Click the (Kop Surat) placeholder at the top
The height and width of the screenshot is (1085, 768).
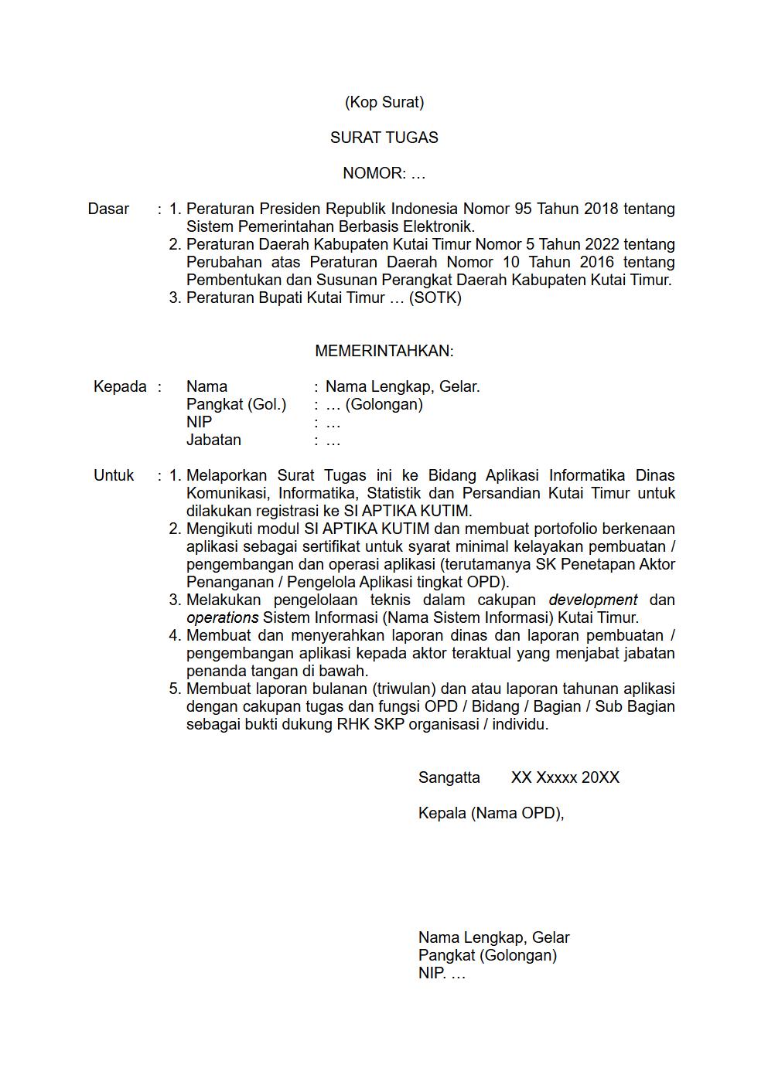point(384,102)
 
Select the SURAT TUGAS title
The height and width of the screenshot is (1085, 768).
point(384,138)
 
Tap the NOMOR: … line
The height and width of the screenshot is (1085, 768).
point(384,173)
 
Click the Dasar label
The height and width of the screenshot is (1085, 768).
point(108,209)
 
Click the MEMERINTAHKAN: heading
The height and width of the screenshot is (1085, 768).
point(384,351)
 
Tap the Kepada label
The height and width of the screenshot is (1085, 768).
point(120,386)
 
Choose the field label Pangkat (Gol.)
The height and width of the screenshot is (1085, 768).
point(236,404)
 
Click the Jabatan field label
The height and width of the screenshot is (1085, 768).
point(213,440)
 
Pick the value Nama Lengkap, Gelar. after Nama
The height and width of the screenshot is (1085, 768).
point(402,386)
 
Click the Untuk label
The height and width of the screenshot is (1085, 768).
point(114,475)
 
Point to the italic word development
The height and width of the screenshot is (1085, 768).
point(592,600)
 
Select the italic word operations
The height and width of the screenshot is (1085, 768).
point(222,617)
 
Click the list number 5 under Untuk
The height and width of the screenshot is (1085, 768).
point(175,689)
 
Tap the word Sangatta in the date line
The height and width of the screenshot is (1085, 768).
point(449,777)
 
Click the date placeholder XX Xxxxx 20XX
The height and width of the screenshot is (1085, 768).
point(565,777)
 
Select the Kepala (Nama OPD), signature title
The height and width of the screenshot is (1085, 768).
point(490,813)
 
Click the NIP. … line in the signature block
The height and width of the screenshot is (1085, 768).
point(442,973)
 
